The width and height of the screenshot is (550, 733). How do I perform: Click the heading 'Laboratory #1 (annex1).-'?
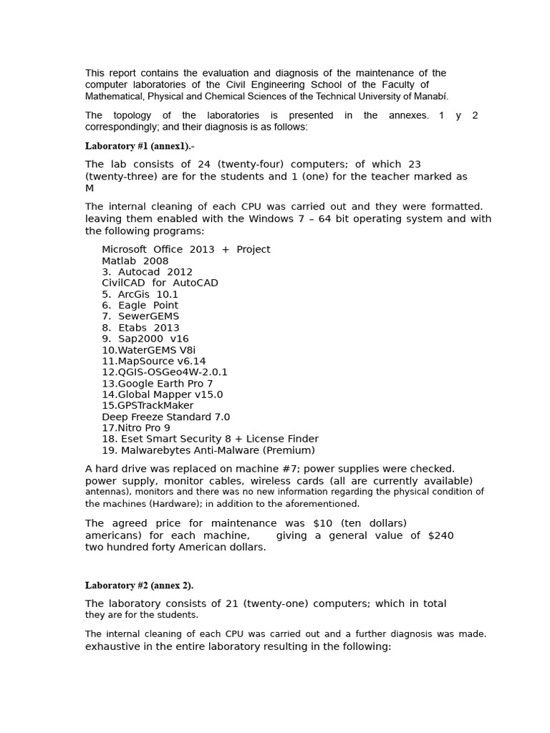pyautogui.click(x=140, y=146)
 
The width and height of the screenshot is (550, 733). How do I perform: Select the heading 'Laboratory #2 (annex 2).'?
pyautogui.click(x=139, y=586)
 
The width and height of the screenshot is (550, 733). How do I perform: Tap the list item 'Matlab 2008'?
pyautogui.click(x=135, y=261)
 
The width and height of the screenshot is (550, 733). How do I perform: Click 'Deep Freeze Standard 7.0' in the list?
pyautogui.click(x=166, y=417)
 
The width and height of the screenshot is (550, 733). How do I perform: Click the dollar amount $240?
pyautogui.click(x=440, y=535)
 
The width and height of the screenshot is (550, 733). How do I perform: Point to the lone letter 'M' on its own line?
pyautogui.click(x=90, y=188)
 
